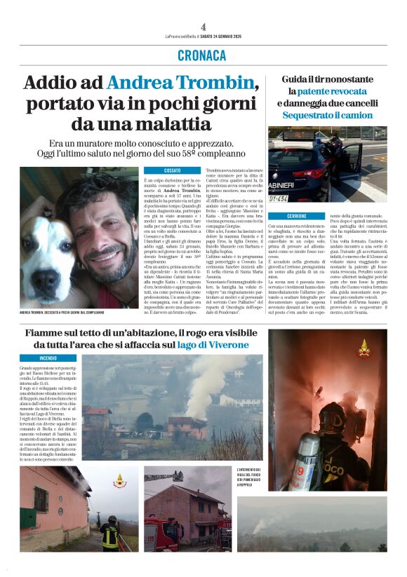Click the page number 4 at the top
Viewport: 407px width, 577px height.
pos(203,27)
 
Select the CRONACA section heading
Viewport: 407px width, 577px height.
pos(203,55)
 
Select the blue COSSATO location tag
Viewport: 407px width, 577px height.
pos(162,170)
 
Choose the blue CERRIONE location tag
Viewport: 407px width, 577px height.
pos(287,216)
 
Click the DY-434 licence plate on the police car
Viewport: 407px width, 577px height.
pos(279,198)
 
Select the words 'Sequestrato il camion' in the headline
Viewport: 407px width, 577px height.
pos(328,115)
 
